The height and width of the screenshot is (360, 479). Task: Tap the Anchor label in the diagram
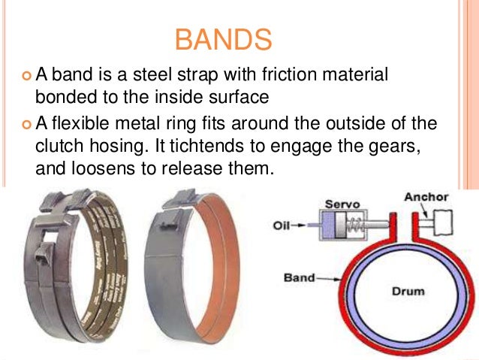coord(426,198)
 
